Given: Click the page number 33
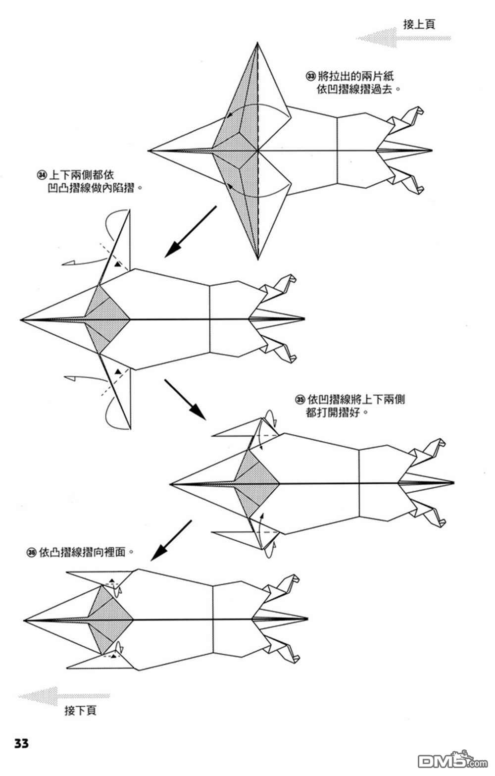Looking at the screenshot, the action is pyautogui.click(x=21, y=743).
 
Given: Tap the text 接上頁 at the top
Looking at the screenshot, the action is pyautogui.click(x=419, y=24).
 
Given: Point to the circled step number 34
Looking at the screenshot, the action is pyautogui.click(x=42, y=175).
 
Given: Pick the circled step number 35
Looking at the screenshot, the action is pyautogui.click(x=300, y=400).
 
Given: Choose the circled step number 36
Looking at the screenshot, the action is pyautogui.click(x=31, y=552).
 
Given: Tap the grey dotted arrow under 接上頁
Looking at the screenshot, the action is pyautogui.click(x=403, y=38).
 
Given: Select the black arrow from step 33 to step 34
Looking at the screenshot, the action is pyautogui.click(x=190, y=232).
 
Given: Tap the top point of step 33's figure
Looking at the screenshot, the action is pyautogui.click(x=257, y=43).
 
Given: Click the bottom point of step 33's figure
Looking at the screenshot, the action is pyautogui.click(x=258, y=259).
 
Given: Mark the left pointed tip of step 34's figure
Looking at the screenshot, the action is pyautogui.click(x=21, y=319).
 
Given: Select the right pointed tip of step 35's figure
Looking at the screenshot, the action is pyautogui.click(x=454, y=482).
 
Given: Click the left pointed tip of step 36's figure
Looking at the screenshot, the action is pyautogui.click(x=24, y=620).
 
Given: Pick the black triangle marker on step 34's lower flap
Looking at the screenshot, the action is pyautogui.click(x=118, y=371).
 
